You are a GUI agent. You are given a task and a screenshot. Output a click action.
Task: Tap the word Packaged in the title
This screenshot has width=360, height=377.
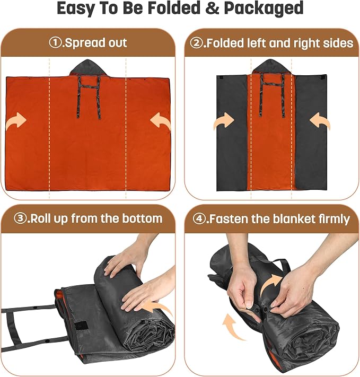pyautogui.click(x=264, y=8)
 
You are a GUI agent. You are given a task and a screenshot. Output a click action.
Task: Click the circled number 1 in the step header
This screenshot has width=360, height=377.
pyautogui.click(x=55, y=43)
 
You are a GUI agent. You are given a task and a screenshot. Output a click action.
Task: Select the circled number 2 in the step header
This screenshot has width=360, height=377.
pyautogui.click(x=196, y=43)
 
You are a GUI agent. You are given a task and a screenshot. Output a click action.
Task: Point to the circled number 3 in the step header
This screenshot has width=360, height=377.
pyautogui.click(x=20, y=218)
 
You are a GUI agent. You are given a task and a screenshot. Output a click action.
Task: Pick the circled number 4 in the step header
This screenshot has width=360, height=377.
pyautogui.click(x=199, y=219)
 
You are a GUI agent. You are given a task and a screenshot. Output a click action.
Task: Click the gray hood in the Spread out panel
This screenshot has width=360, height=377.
pyautogui.click(x=87, y=67)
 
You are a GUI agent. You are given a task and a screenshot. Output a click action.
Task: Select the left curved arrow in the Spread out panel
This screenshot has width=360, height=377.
pyautogui.click(x=16, y=121)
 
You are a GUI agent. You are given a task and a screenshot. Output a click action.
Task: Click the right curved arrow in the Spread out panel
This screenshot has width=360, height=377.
pyautogui.click(x=160, y=121)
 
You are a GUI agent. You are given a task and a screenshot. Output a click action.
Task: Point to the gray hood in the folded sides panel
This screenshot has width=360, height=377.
pyautogui.click(x=270, y=67)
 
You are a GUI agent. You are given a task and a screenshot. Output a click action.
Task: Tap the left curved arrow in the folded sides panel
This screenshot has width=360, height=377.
pyautogui.click(x=224, y=121)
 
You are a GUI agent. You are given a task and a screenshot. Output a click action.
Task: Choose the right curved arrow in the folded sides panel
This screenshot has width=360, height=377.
pyautogui.click(x=320, y=121)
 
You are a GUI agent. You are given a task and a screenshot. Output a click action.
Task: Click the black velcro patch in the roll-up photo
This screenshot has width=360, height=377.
pyautogui.click(x=81, y=326)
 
